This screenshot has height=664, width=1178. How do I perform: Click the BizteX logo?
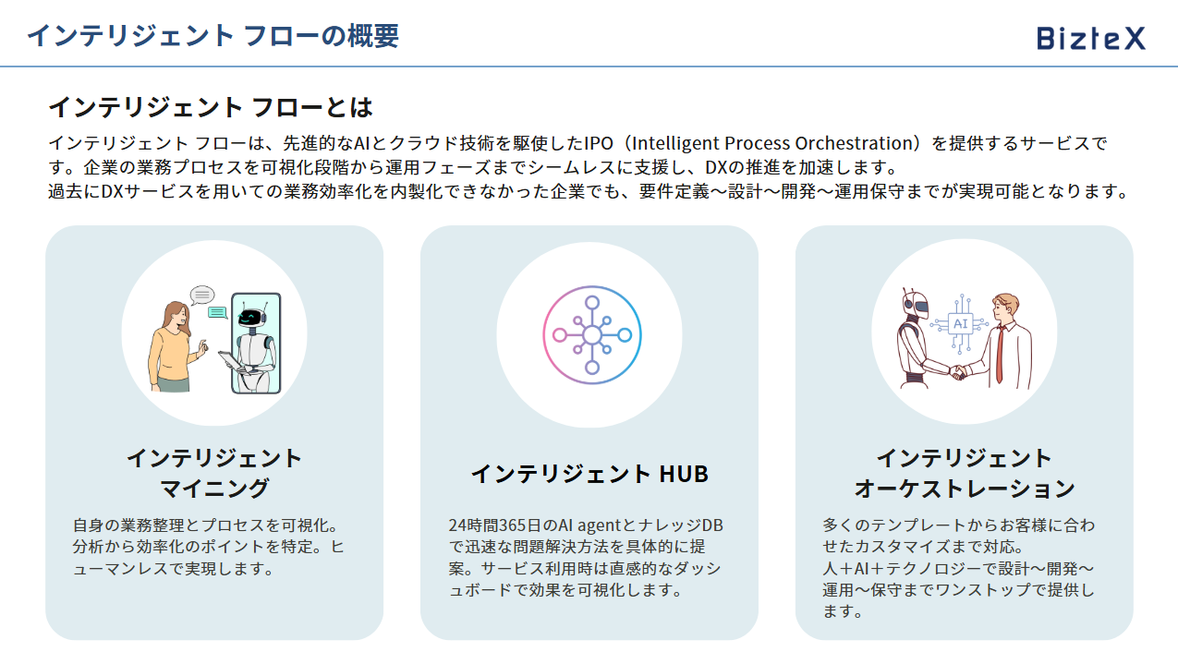tap(1091, 39)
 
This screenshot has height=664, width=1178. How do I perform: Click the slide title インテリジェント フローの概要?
tap(213, 36)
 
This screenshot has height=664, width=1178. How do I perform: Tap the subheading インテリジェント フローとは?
tap(211, 107)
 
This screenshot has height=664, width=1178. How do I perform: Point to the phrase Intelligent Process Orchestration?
tap(774, 143)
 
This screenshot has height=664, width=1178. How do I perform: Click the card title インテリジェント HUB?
tap(589, 474)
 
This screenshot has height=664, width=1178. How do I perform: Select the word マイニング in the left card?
tap(214, 489)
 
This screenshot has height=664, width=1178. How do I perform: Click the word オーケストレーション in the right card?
tap(965, 489)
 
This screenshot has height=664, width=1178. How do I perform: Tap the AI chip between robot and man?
tap(961, 324)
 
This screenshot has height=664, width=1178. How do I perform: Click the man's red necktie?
tap(1000, 354)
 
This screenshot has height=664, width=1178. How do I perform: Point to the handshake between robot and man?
tap(959, 372)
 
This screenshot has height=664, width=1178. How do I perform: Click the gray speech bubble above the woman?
tap(202, 295)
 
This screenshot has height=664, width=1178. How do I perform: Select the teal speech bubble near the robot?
tap(217, 313)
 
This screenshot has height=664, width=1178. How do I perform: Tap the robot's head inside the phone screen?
tap(251, 317)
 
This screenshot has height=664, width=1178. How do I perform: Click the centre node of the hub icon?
tap(592, 335)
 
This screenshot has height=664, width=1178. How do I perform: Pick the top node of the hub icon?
tap(592, 303)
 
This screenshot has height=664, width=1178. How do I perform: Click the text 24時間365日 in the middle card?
tap(494, 525)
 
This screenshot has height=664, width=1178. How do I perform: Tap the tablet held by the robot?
tap(231, 361)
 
